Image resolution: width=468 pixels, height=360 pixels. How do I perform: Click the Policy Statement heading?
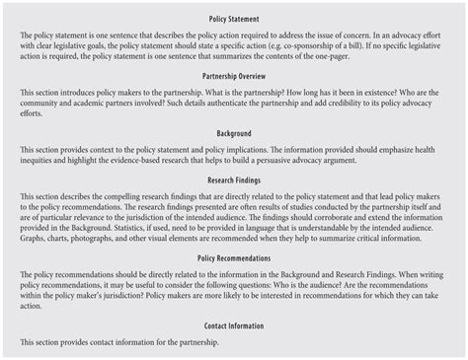(x=234, y=18)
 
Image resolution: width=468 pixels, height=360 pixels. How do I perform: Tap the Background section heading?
(x=234, y=132)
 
